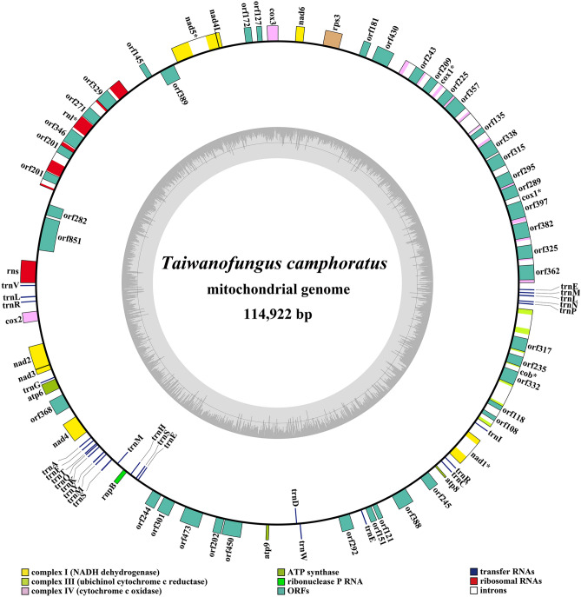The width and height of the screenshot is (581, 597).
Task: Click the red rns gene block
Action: pos(27,270)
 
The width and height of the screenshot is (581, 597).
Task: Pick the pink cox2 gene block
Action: pos(30,319)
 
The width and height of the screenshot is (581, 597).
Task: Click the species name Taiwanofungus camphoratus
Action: pos(290,263)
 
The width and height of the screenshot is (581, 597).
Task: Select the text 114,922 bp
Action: pos(290,313)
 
